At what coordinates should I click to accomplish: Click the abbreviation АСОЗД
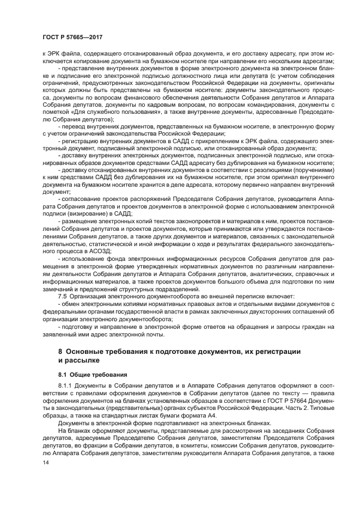point(99,253)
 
